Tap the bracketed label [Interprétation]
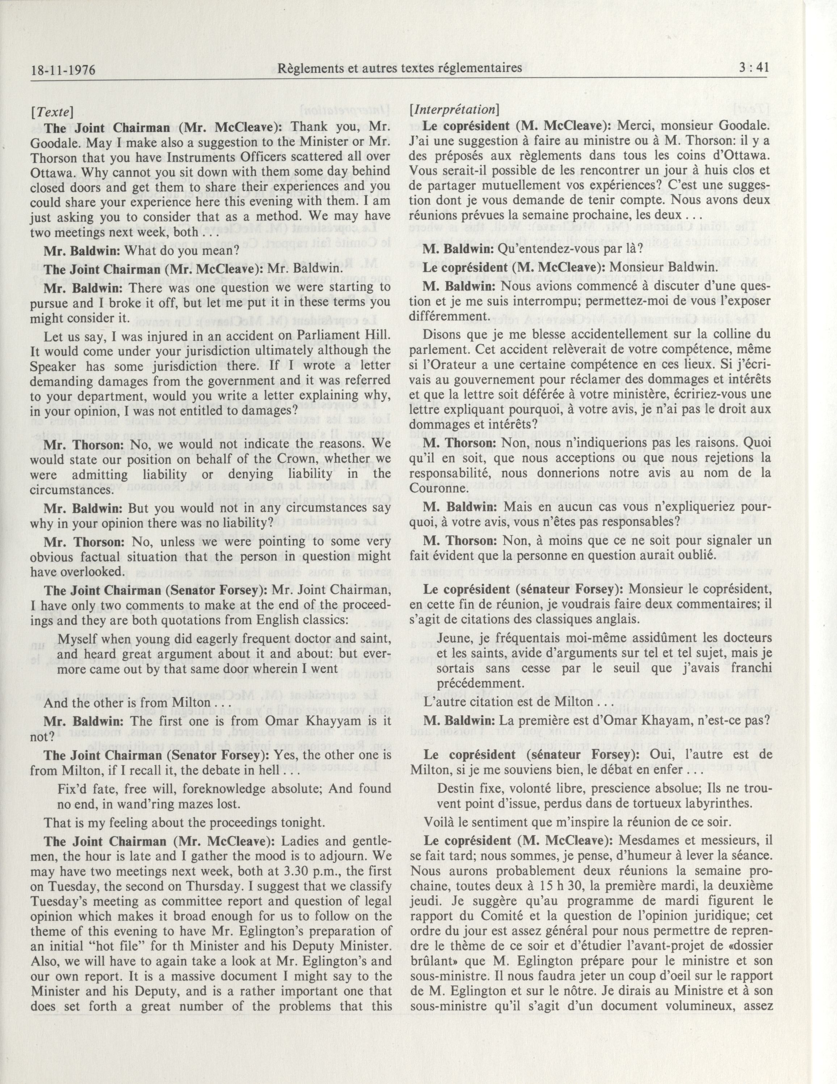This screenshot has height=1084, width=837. (454, 109)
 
